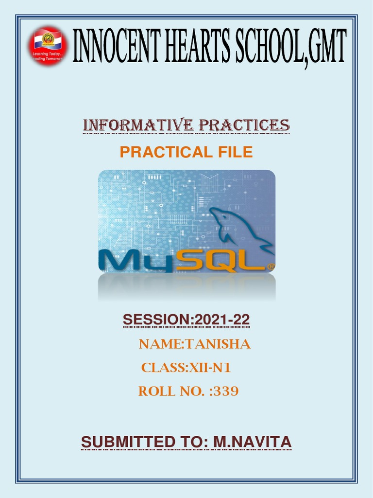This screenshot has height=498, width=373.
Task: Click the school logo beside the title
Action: (x=48, y=47)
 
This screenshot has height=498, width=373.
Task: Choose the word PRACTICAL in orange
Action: (x=157, y=152)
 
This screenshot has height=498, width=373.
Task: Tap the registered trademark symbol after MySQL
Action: (x=271, y=267)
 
